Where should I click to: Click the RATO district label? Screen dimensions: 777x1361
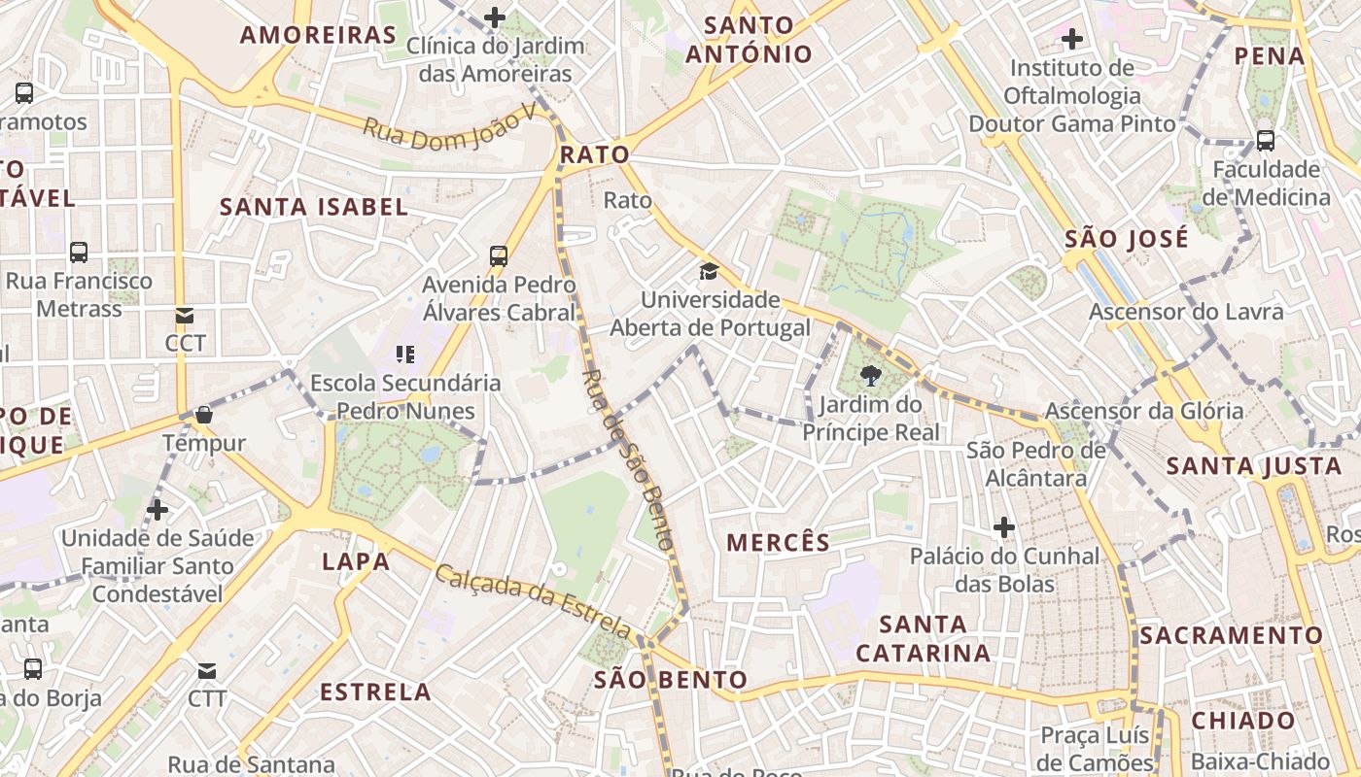click(594, 154)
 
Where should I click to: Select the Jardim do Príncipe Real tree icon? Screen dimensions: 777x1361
click(871, 377)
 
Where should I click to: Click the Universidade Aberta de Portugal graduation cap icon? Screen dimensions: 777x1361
click(710, 271)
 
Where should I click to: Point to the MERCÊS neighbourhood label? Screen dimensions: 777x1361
click(779, 542)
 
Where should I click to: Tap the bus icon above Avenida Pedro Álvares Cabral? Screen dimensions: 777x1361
click(499, 256)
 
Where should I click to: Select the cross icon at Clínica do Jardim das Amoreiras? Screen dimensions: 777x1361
click(495, 17)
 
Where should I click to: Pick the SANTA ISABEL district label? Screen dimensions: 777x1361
click(313, 206)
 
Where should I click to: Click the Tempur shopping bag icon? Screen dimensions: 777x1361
click(204, 415)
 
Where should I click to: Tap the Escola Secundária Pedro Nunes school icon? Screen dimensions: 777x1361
click(405, 355)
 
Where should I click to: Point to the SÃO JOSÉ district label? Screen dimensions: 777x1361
click(1126, 238)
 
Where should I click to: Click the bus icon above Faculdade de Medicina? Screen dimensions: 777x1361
click(1266, 140)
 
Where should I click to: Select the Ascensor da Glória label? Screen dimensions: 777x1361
click(1143, 411)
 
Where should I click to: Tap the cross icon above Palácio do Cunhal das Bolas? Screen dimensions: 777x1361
click(1004, 527)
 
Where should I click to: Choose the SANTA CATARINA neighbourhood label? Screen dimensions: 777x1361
click(923, 638)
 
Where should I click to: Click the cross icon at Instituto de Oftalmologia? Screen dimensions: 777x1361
click(1072, 39)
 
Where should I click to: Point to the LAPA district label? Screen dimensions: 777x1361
click(356, 561)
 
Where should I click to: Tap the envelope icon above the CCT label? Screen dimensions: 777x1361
click(185, 315)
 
